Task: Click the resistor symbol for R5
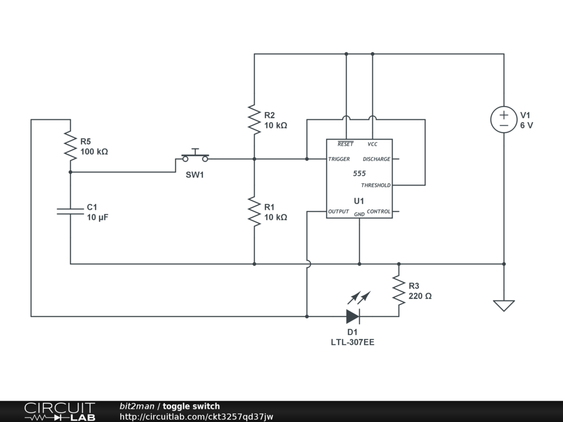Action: [70, 145]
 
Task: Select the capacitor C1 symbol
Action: [70, 211]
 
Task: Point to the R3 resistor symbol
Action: [399, 290]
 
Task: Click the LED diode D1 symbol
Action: [352, 316]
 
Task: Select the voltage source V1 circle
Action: [504, 120]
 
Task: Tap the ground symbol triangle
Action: [504, 306]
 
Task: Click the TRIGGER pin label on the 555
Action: [339, 159]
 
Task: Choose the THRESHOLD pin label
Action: [376, 185]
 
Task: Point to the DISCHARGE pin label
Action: [376, 159]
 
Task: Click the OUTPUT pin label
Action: [339, 212]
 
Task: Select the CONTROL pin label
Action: [378, 212]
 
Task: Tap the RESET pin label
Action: [345, 144]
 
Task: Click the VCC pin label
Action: [372, 144]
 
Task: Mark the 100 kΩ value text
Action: [94, 152]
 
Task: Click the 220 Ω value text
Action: [420, 296]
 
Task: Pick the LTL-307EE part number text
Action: [352, 342]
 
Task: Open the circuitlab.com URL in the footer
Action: [196, 417]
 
